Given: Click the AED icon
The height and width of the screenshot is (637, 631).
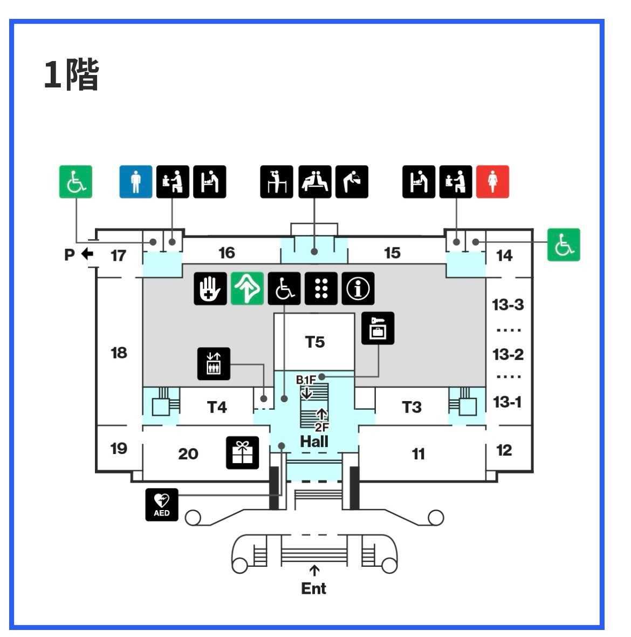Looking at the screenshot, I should click(x=162, y=505).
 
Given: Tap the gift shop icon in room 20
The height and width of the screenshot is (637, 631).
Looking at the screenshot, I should click(x=242, y=452).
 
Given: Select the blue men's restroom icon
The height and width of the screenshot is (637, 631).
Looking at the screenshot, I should click(x=135, y=181).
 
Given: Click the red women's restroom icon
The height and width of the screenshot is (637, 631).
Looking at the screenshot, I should click(x=492, y=181).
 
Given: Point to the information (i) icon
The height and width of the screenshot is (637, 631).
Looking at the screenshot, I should click(x=358, y=289).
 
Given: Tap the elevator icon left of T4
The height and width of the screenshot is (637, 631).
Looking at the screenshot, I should click(x=214, y=364).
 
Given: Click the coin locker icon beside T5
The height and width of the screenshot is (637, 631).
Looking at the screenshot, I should click(x=378, y=328).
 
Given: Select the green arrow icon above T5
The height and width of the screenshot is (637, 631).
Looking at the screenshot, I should click(x=248, y=289).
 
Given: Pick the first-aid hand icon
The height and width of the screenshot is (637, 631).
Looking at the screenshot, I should click(x=210, y=289).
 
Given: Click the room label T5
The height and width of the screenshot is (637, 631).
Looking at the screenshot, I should click(x=315, y=342).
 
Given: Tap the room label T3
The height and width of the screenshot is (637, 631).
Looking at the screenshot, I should click(x=411, y=406).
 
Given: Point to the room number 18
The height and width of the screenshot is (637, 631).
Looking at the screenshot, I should click(x=119, y=353).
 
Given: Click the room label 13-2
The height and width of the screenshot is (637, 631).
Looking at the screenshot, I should click(x=508, y=355).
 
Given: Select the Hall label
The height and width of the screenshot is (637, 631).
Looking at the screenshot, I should click(x=314, y=442).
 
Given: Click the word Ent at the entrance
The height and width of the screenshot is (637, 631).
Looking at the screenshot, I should click(x=314, y=588).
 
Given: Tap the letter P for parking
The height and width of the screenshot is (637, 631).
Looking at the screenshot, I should click(x=70, y=254).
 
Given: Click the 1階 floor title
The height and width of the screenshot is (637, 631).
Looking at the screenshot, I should click(x=71, y=74).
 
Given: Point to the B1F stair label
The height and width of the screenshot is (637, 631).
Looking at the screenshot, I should click(x=306, y=380).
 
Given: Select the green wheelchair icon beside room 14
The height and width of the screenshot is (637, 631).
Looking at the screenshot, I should click(x=564, y=245).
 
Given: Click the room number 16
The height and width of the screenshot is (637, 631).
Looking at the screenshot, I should click(x=227, y=253).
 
